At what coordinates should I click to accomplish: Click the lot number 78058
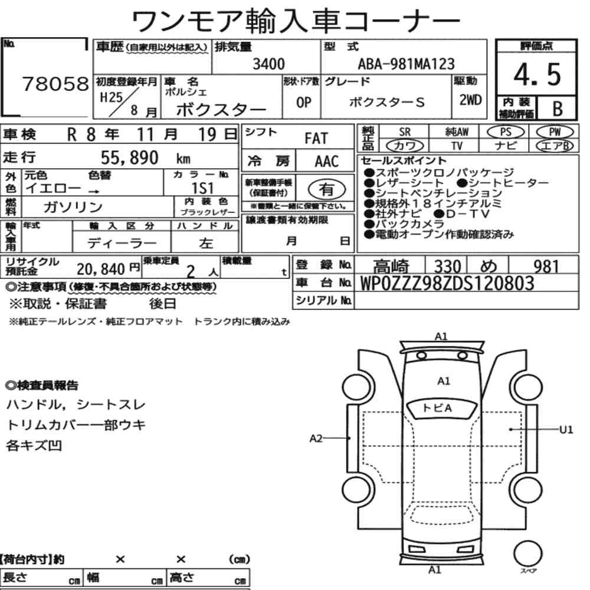(55, 84)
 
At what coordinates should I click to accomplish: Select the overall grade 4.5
(537, 74)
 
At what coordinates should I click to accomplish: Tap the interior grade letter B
(558, 109)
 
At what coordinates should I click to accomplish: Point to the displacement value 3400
(268, 64)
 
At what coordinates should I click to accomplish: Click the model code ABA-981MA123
(406, 64)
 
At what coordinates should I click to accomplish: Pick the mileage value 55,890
(129, 158)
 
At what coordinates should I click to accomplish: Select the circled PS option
(506, 132)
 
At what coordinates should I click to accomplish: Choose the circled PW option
(555, 132)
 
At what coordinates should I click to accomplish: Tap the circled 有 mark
(327, 189)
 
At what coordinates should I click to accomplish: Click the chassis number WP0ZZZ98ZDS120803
(447, 283)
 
